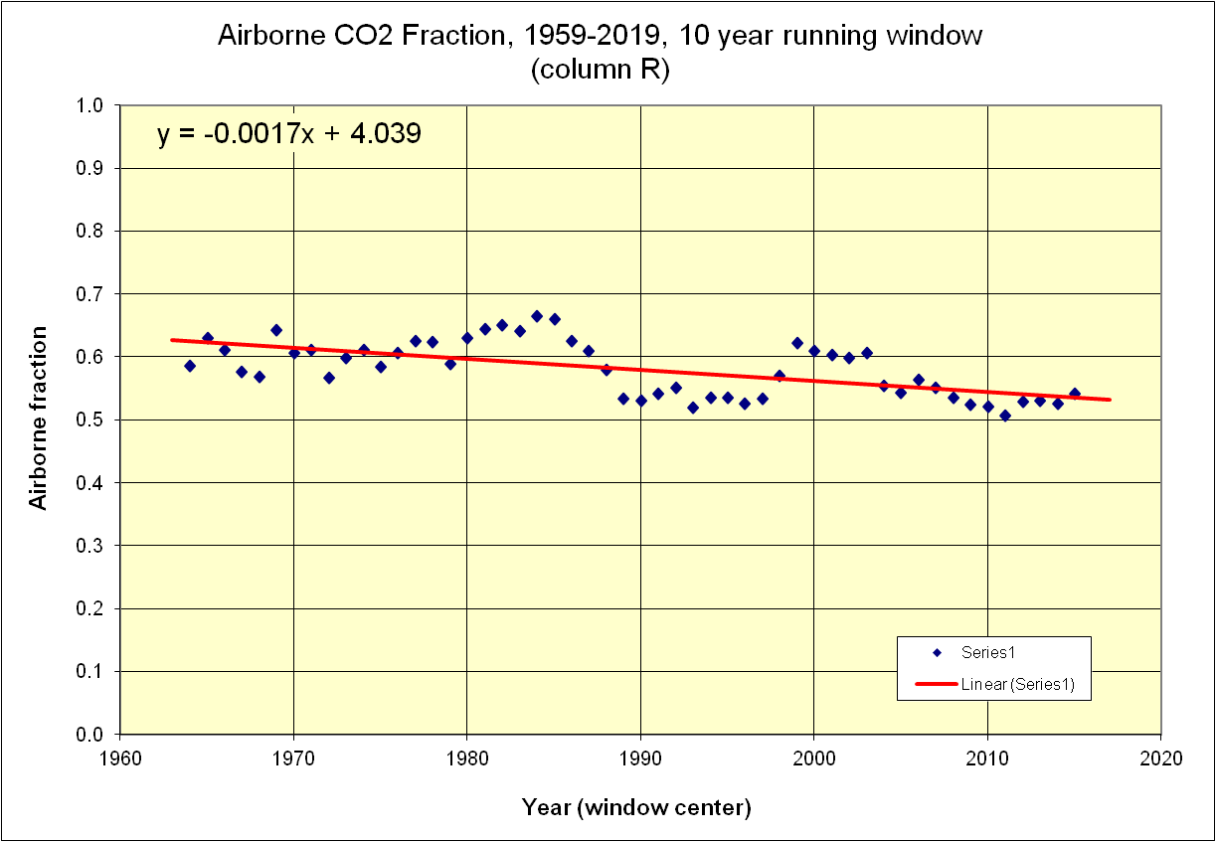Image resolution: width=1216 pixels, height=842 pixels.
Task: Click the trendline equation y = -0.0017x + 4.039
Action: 289,134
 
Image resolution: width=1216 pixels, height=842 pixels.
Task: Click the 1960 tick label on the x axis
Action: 120,758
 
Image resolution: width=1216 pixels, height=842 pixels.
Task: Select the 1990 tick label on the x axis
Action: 640,758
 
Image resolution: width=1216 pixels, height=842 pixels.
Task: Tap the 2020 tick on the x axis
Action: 1161,758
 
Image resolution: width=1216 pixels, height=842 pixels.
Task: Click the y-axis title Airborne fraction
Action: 39,418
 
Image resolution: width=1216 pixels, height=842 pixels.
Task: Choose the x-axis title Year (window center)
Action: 636,807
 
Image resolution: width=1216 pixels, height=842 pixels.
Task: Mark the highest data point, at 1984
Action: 537,316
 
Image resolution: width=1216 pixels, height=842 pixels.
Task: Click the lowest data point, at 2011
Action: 1005,416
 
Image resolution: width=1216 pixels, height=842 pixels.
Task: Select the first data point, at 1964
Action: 190,366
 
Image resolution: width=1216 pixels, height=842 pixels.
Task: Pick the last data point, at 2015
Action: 1075,394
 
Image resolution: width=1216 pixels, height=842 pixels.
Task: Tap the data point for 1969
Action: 276,330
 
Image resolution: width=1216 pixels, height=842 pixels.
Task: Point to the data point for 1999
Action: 797,343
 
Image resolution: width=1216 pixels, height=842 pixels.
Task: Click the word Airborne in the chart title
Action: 260,37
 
